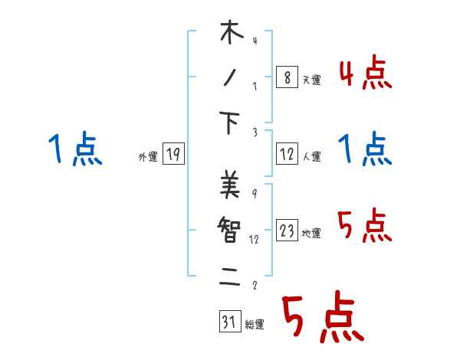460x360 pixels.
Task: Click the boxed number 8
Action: (287, 78)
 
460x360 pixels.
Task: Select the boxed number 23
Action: (287, 231)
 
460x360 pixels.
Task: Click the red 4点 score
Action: (365, 74)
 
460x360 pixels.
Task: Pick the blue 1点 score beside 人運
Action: (365, 149)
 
